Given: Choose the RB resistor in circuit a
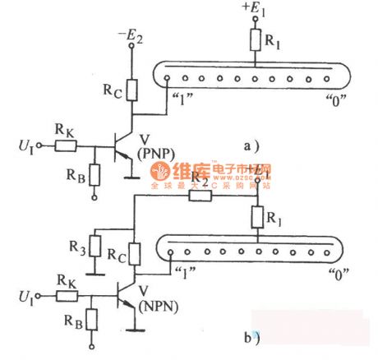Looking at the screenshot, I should pyautogui.click(x=93, y=174).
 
